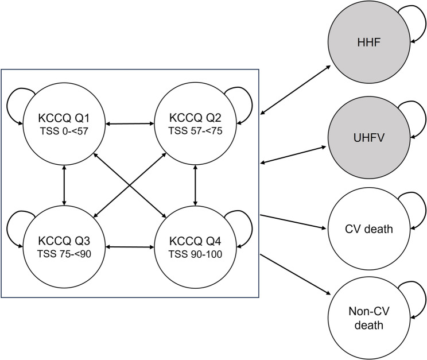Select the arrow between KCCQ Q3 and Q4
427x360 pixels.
(130, 247)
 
